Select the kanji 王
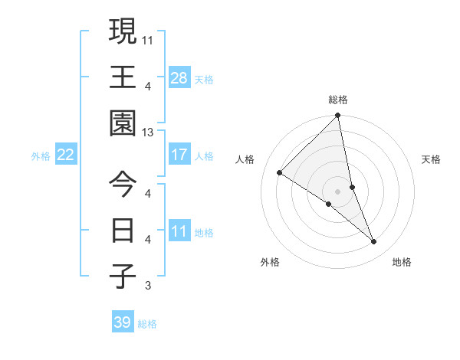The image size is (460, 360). click(x=123, y=77)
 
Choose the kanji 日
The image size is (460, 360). click(x=123, y=230)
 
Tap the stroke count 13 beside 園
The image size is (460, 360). click(x=148, y=133)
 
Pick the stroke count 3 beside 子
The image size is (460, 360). click(x=148, y=286)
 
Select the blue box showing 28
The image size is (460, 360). click(x=179, y=77)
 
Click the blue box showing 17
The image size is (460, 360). click(x=179, y=155)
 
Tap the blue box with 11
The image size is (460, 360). click(x=179, y=231)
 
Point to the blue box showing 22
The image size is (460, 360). click(x=65, y=155)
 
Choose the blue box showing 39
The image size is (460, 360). click(x=122, y=322)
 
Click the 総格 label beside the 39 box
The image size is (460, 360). click(x=147, y=324)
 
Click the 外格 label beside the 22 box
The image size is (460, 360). click(x=41, y=156)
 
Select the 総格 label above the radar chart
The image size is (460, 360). click(x=338, y=100)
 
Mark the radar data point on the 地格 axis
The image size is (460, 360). click(x=374, y=241)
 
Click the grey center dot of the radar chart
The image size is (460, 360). click(x=338, y=191)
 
